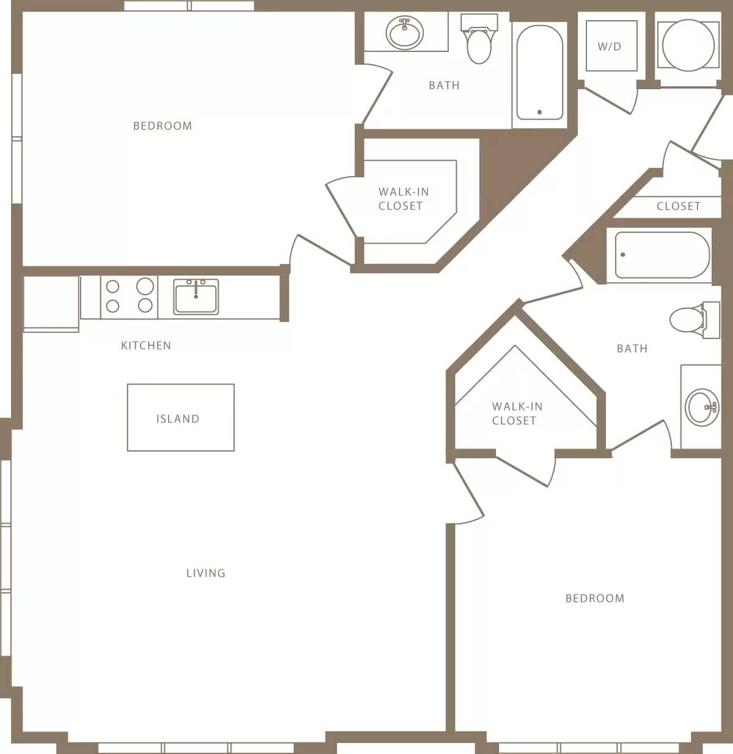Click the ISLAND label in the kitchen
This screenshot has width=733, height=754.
[x=178, y=419]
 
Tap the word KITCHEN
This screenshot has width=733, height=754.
[x=146, y=345]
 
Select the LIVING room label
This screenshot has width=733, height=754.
[x=206, y=573]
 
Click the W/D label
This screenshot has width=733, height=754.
[x=610, y=46]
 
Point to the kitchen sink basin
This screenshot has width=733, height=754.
[x=195, y=297]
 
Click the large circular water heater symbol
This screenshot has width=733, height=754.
[x=688, y=46]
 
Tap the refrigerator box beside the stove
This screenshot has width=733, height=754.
[x=51, y=304]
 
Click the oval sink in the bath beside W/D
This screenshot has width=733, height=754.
[x=404, y=32]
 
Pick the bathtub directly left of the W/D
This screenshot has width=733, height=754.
[x=539, y=72]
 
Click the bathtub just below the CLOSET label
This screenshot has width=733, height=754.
[x=662, y=255]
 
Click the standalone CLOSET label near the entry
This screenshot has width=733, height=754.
[x=679, y=207]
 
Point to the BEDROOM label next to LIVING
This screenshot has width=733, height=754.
[x=595, y=598]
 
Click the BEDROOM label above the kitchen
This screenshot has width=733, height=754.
[x=162, y=126]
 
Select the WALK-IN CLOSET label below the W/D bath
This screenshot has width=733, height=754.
[x=403, y=199]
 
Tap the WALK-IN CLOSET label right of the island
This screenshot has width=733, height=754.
[x=517, y=413]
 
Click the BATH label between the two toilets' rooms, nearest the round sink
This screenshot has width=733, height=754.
[x=632, y=348]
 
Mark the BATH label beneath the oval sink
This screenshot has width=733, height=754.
[x=444, y=86]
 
